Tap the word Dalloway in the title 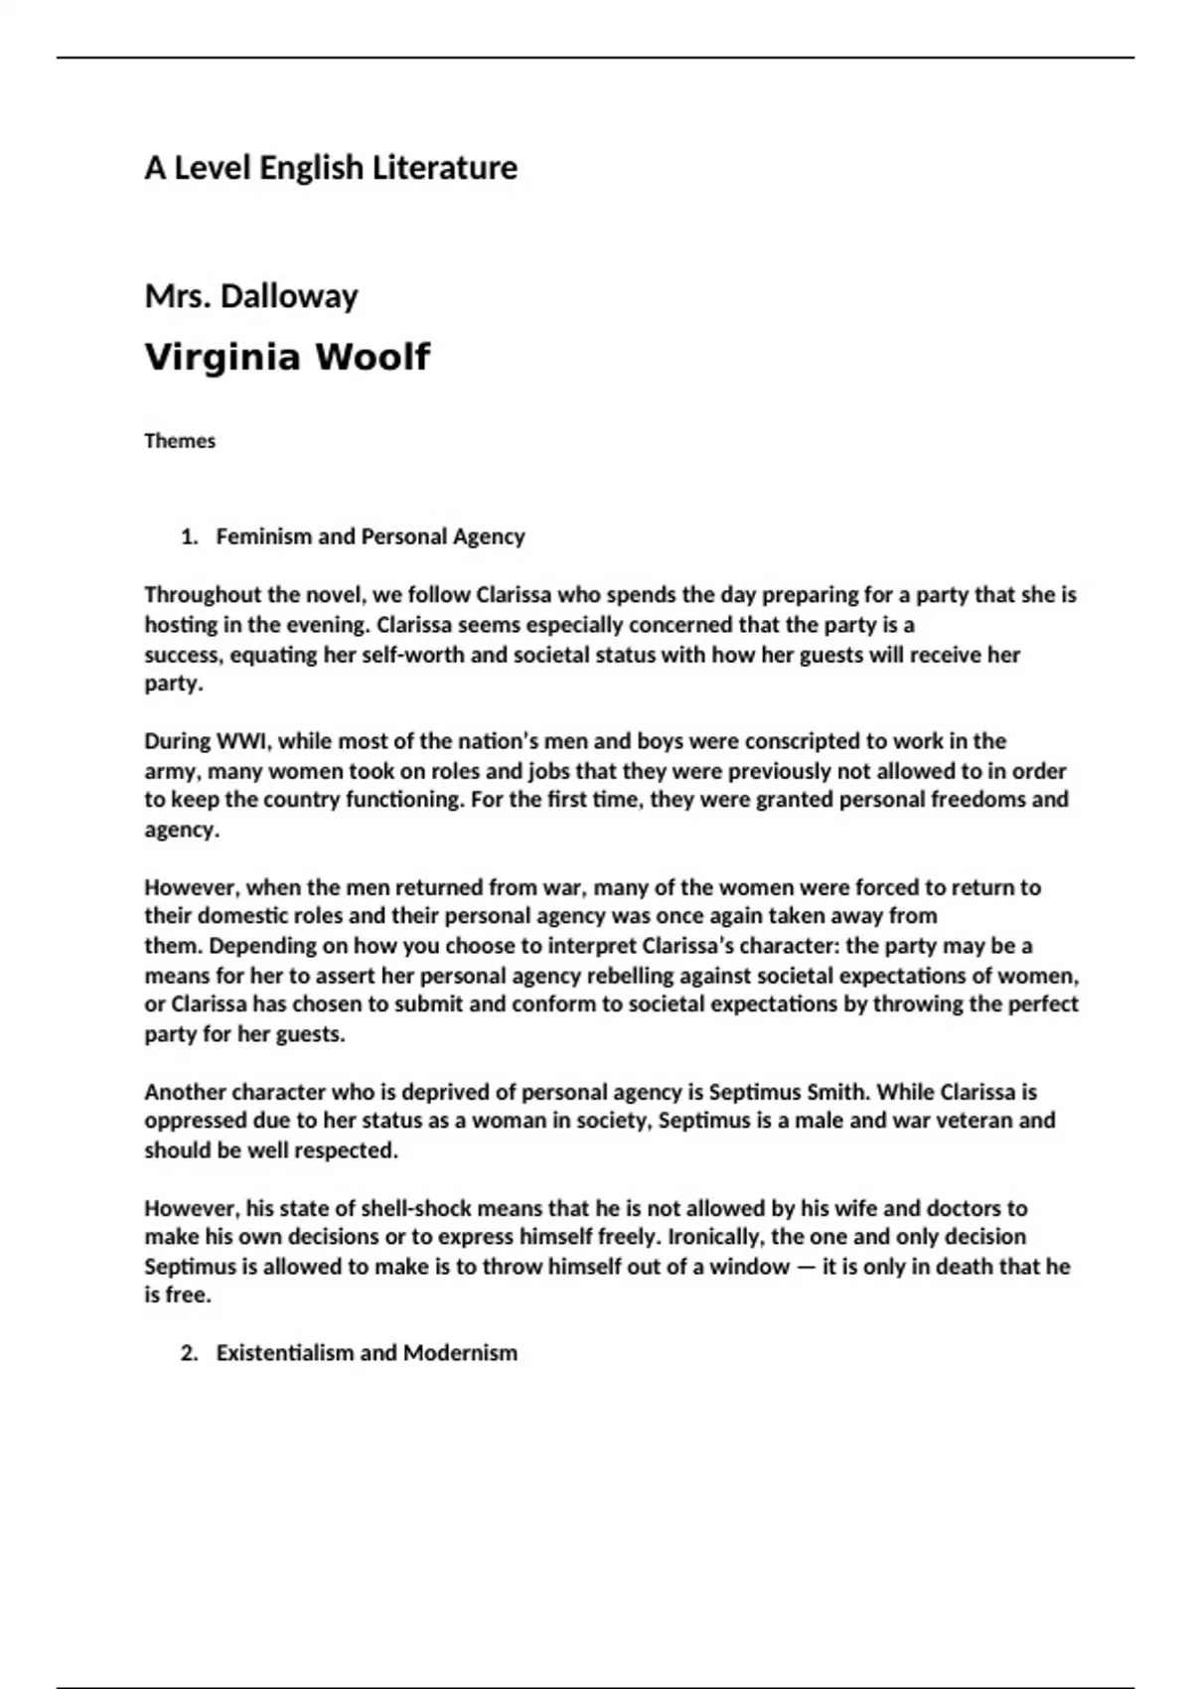289,296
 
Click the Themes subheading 180,441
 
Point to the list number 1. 189,537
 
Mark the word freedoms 978,800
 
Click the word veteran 996,1121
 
